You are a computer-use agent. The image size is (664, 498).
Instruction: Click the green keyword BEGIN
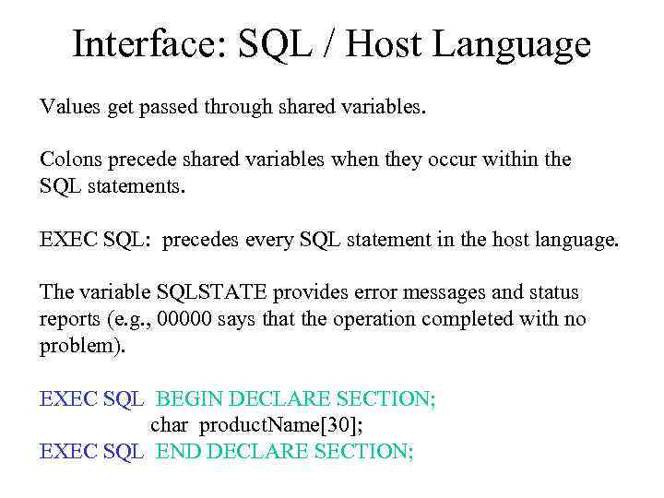[189, 399]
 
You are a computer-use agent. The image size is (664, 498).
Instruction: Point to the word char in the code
[170, 425]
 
